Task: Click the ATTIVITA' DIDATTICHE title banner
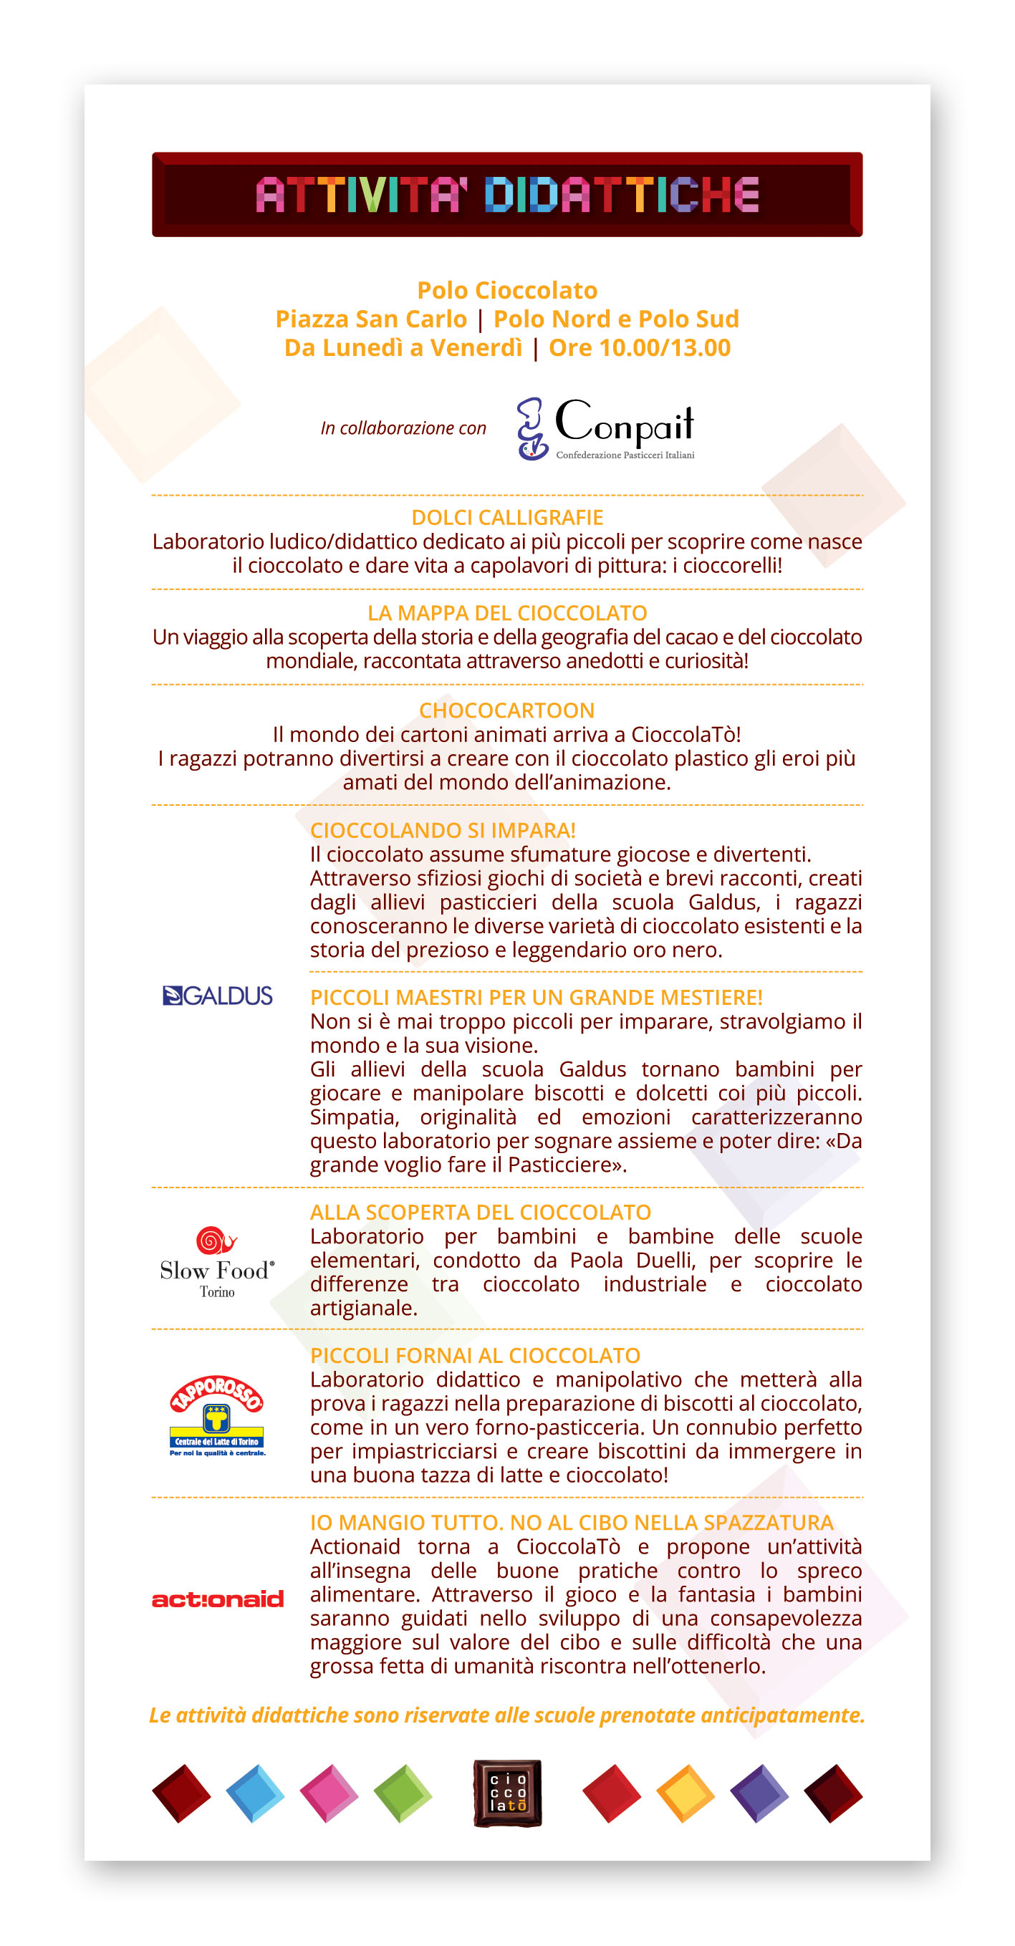click(507, 195)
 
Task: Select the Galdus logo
click(218, 996)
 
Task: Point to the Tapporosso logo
click(217, 1416)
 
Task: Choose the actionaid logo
click(218, 1599)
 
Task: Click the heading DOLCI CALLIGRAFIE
click(507, 517)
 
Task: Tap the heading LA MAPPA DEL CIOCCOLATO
click(507, 612)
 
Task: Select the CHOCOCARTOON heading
click(507, 710)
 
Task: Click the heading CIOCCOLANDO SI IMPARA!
click(443, 830)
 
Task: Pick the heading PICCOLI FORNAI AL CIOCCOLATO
click(476, 1355)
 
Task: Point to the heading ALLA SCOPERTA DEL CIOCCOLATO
click(481, 1212)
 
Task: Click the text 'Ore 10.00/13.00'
click(640, 347)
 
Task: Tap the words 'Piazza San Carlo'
click(371, 319)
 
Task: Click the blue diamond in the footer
click(256, 1793)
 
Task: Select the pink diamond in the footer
click(329, 1793)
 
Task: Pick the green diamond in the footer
click(403, 1793)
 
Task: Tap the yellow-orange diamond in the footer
click(685, 1793)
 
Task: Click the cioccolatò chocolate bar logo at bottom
click(507, 1793)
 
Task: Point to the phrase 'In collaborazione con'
click(403, 428)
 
